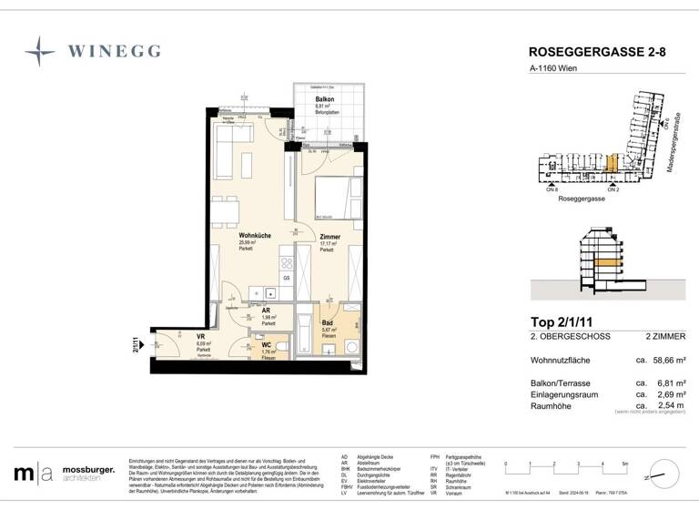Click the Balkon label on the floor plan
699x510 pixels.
(324, 98)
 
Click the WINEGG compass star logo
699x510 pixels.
(41, 49)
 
